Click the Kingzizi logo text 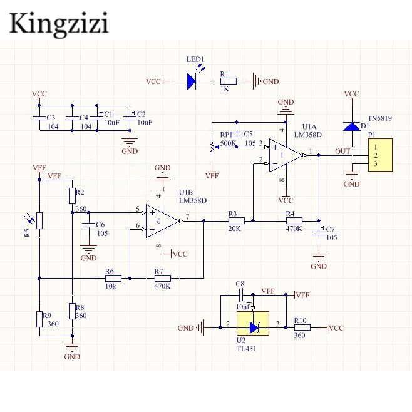pyautogui.click(x=60, y=23)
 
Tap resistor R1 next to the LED pyautogui.click(x=228, y=81)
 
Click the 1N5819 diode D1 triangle pyautogui.click(x=351, y=126)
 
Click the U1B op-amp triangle pyautogui.click(x=161, y=220)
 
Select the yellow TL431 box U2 pyautogui.click(x=254, y=327)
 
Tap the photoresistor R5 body pyautogui.click(x=39, y=220)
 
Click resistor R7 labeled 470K pyautogui.click(x=162, y=277)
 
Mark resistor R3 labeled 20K pyautogui.click(x=236, y=220)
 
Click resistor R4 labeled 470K pyautogui.click(x=294, y=220)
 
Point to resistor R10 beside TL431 pyautogui.click(x=302, y=327)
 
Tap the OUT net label pyautogui.click(x=342, y=151)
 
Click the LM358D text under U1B pyautogui.click(x=193, y=200)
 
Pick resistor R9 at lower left pyautogui.click(x=39, y=319)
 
